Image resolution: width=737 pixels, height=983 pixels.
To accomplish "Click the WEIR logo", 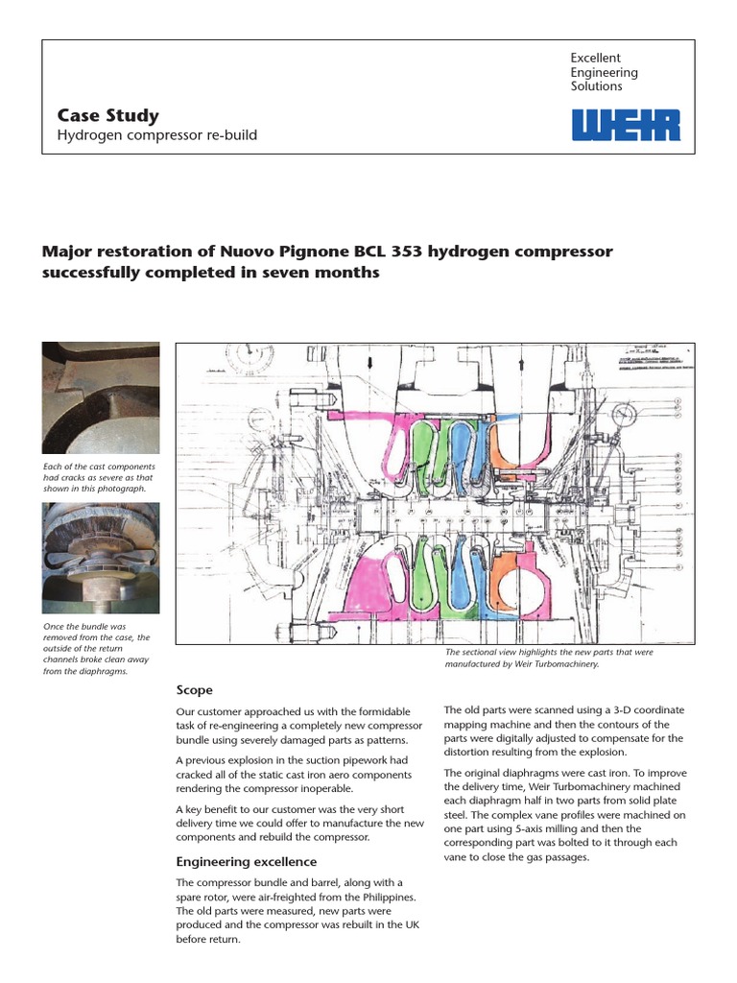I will [626, 125].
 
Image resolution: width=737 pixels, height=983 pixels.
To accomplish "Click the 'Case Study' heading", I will [107, 116].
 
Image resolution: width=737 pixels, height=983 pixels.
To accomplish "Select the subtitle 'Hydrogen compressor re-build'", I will [157, 135].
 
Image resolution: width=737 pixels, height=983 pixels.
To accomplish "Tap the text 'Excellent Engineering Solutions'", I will [605, 72].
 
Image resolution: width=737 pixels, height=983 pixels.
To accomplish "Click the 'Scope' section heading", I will [195, 690].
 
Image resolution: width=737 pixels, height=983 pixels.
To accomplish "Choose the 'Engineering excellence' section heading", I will [247, 861].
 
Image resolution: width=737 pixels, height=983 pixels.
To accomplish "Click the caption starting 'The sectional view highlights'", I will [549, 658].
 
